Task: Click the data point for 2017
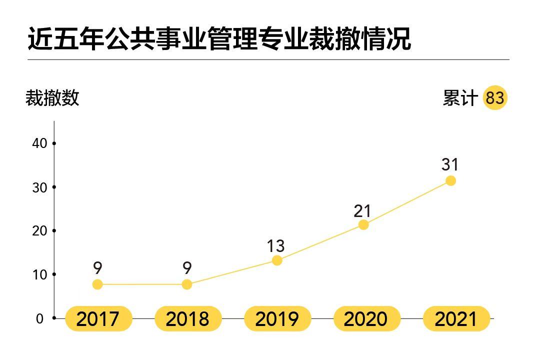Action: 97,284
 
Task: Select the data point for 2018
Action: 186,284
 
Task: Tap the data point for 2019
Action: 277,260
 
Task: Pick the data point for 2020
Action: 363,225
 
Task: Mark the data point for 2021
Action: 450,180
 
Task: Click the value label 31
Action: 450,164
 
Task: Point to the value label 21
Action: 362,211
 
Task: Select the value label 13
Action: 275,246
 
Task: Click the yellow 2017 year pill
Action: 98,319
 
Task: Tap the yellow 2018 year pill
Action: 187,319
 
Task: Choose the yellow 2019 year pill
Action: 277,319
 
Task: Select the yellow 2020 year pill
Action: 366,319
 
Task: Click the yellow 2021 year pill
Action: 456,319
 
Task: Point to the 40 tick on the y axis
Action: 40,143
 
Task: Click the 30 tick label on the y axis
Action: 40,187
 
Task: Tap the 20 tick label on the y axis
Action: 40,231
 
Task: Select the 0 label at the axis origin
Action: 40,318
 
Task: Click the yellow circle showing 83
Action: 495,97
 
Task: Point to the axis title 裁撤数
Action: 52,98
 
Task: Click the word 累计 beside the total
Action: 460,98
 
